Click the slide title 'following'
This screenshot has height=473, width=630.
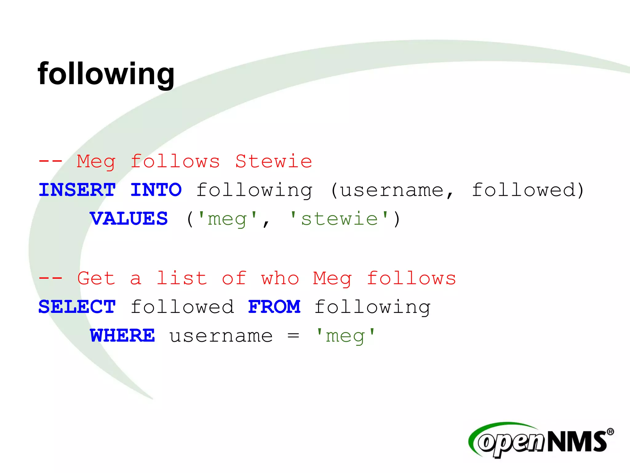click(106, 74)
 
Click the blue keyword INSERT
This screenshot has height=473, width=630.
click(77, 190)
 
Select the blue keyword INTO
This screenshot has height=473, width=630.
click(156, 190)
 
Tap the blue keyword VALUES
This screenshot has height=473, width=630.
click(129, 219)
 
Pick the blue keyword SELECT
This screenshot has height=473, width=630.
click(77, 307)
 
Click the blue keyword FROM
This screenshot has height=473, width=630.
click(274, 307)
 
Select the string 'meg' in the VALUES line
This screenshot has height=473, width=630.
click(227, 219)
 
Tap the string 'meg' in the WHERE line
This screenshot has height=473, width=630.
click(345, 336)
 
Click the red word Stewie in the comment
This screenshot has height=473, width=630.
click(274, 161)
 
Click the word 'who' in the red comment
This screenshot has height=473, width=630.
click(280, 278)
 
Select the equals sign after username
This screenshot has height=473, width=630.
click(293, 336)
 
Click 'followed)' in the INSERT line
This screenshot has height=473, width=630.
click(528, 190)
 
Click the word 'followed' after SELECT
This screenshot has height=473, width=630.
click(182, 307)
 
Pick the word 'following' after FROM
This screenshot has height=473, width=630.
click(372, 307)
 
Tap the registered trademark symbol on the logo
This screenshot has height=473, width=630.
click(610, 432)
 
